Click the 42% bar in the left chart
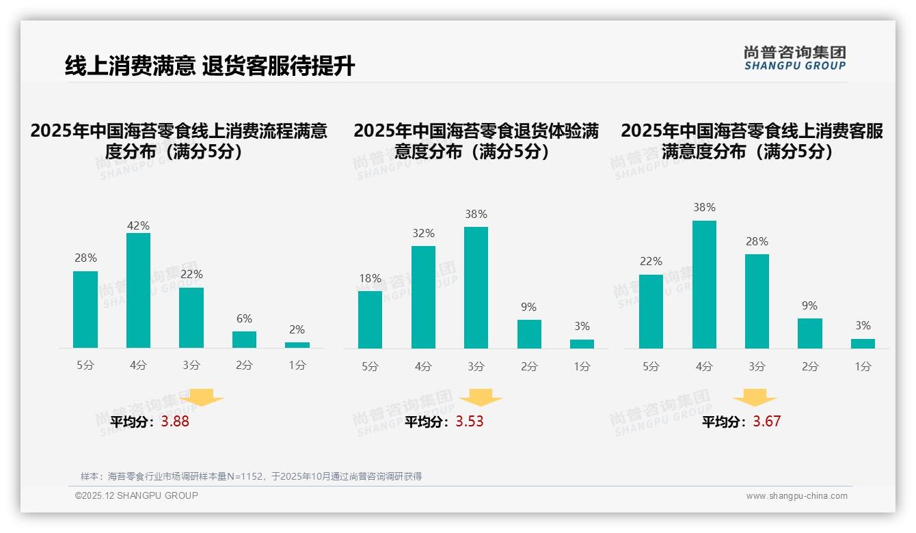(138, 290)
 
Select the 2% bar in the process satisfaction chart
(297, 345)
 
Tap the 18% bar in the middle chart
(370, 320)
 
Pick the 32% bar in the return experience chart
(423, 297)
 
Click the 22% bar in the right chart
(651, 312)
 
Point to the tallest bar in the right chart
(704, 284)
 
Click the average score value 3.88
(175, 422)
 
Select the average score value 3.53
(470, 422)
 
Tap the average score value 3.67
(766, 422)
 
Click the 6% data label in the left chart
(244, 318)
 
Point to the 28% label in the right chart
(757, 241)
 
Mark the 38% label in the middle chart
(476, 214)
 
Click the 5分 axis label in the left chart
(85, 366)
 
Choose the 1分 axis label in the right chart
(863, 366)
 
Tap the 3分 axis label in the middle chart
(476, 366)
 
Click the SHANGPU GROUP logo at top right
(795, 58)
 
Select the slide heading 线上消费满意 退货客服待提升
(210, 66)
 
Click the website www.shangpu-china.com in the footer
(796, 496)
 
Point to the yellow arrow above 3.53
(481, 398)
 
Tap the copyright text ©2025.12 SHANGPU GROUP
(137, 495)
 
